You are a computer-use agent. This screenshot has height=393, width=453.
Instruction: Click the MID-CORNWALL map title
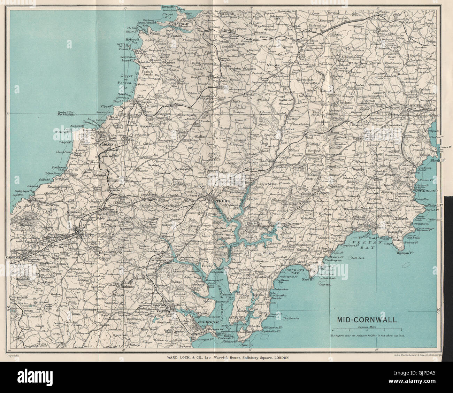click(x=366, y=320)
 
